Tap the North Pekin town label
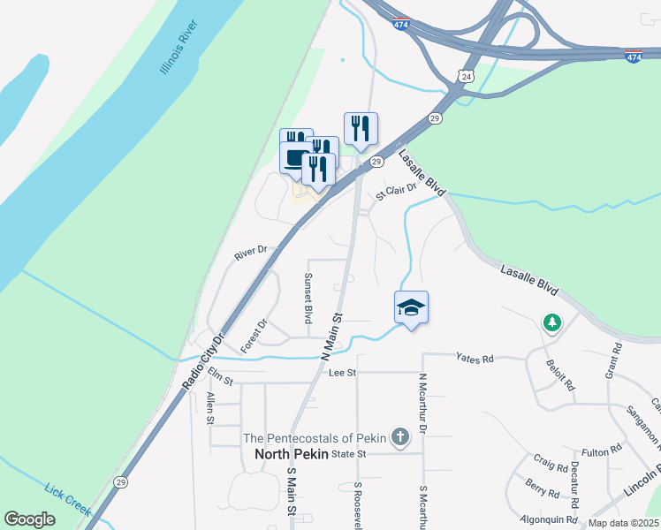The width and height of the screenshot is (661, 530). point(291,454)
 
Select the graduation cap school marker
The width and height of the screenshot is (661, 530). point(411,308)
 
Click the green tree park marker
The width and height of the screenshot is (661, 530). point(552,323)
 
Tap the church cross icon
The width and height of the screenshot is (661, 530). point(399,436)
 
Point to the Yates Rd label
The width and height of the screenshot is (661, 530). point(475,358)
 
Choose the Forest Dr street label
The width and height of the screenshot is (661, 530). point(254,336)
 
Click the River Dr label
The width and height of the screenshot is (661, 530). point(250,254)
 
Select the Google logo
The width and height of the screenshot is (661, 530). point(29,519)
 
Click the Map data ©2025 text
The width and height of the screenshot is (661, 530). point(622,523)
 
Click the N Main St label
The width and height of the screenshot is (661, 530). point(331,336)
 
